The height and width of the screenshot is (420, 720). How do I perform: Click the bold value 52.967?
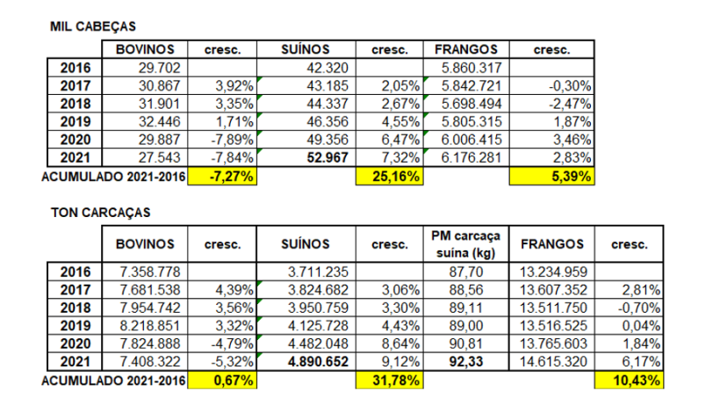tap(322, 158)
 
